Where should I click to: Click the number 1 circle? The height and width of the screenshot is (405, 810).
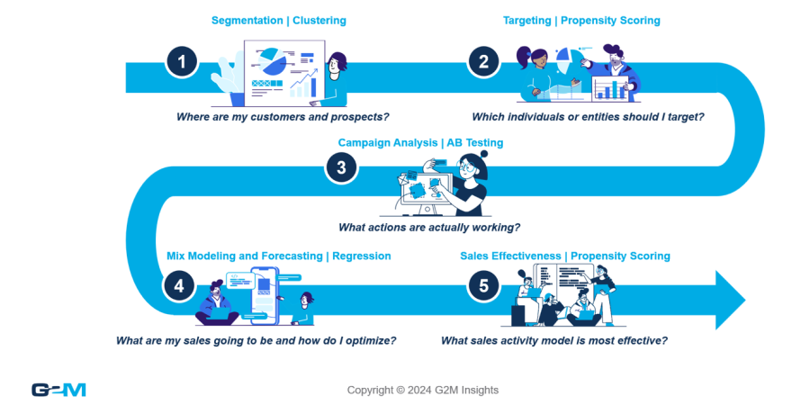[x=183, y=62]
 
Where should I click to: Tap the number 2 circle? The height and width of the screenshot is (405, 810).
[x=483, y=62]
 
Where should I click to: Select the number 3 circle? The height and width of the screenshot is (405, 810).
[x=341, y=167]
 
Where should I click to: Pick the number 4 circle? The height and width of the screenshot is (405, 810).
[x=179, y=285]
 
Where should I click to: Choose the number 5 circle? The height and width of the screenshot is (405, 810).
[x=483, y=285]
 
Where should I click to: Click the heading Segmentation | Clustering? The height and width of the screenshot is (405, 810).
[x=278, y=20]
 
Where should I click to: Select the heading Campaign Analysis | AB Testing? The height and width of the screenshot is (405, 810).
[x=420, y=142]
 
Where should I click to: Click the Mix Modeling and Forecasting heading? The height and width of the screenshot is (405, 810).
[x=279, y=256]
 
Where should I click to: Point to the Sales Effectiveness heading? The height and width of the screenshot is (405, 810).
[x=565, y=256]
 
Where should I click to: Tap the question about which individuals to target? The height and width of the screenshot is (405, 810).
[x=588, y=117]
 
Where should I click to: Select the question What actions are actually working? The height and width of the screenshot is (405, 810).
[x=428, y=228]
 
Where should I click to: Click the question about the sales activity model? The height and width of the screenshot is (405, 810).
[x=553, y=340]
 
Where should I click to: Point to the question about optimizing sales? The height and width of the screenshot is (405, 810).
[x=256, y=340]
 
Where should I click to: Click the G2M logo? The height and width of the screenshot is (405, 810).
[x=58, y=390]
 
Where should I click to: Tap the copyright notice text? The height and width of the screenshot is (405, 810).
[x=423, y=390]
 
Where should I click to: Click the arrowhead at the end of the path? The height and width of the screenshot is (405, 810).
[x=729, y=299]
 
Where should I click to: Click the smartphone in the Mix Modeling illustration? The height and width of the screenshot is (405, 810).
[x=264, y=293]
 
